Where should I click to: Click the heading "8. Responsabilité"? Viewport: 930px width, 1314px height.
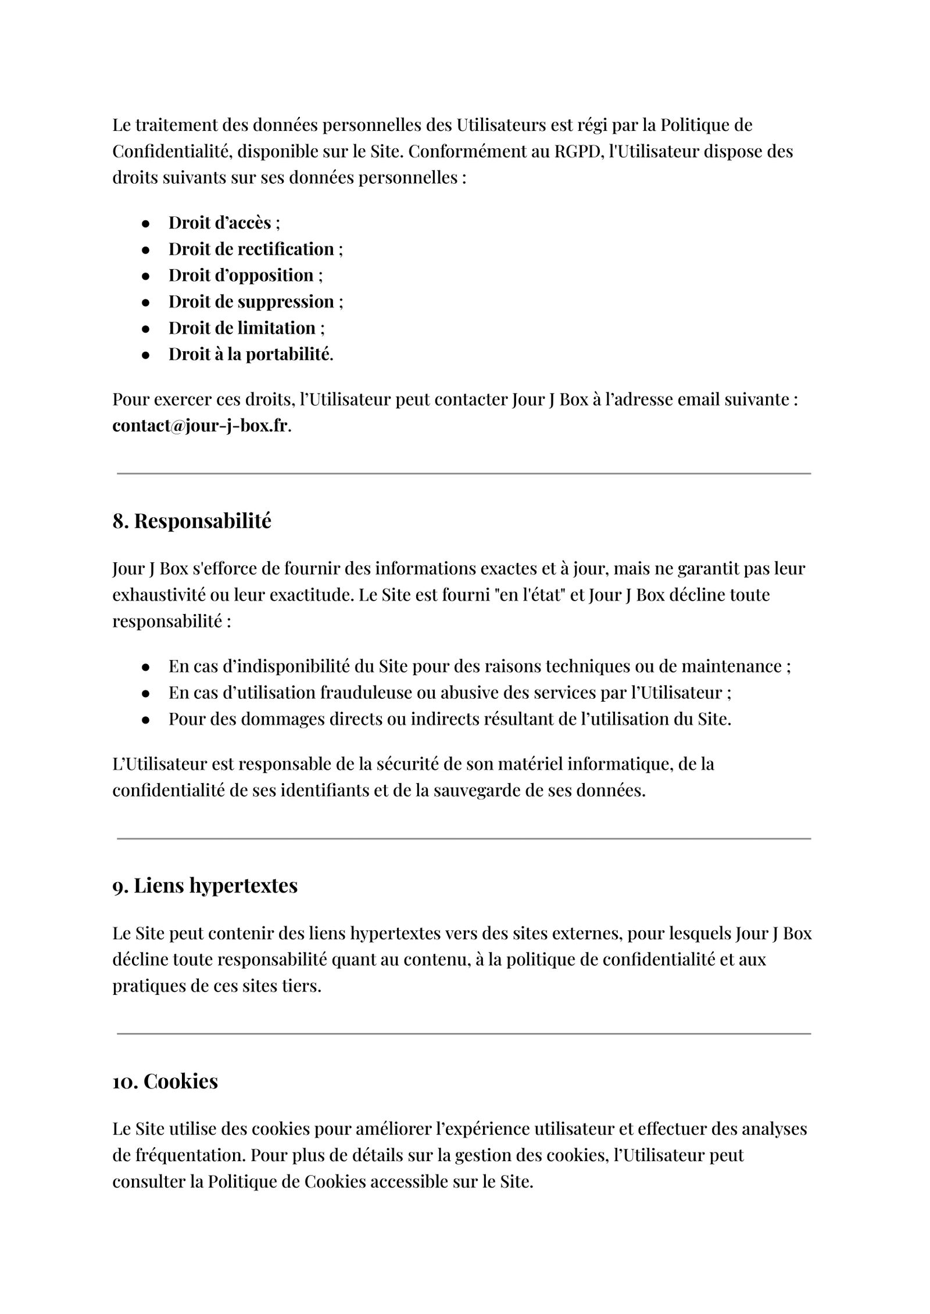pos(192,521)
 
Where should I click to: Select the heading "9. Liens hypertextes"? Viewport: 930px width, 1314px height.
pos(205,885)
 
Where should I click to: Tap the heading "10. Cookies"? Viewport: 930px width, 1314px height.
pos(165,1081)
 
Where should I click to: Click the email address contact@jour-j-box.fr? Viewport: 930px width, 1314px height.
pos(200,426)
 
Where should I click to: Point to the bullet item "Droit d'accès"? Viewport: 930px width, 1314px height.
pos(220,223)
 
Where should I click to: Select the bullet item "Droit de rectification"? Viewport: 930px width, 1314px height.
pos(251,249)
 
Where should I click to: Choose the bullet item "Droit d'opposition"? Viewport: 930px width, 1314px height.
pos(241,275)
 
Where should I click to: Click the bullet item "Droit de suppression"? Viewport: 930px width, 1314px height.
pos(251,301)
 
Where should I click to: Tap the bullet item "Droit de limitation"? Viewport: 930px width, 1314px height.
pos(242,328)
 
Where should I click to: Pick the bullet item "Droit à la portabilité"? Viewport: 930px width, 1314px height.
pos(250,354)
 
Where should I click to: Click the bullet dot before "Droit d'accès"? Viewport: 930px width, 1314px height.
pos(146,223)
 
